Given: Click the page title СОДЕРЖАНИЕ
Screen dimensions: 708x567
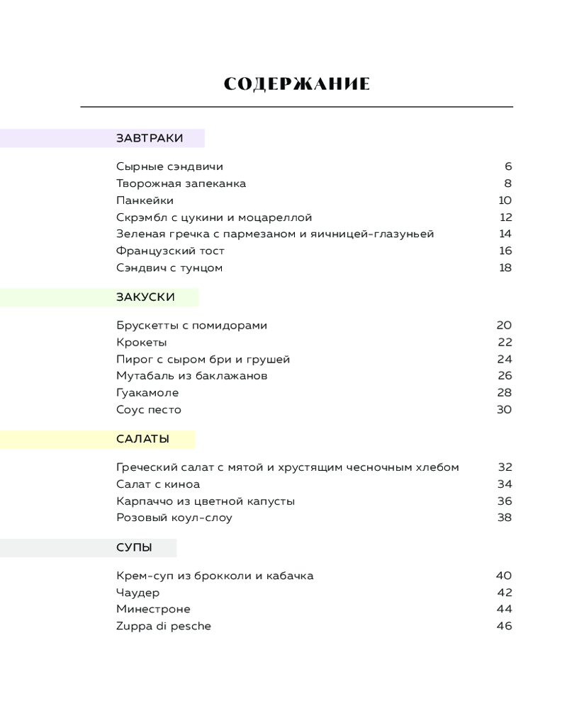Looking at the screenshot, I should [x=296, y=84].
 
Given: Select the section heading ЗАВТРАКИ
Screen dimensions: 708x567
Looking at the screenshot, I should [x=150, y=138].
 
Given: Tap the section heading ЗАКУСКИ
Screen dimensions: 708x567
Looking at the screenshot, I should [x=145, y=297].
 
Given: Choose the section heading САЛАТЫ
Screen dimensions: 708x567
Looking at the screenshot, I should [x=142, y=439].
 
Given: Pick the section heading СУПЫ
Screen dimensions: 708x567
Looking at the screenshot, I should [x=134, y=547].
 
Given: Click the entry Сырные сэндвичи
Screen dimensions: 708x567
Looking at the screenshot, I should [x=169, y=167].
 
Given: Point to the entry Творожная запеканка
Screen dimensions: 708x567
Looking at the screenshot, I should [x=181, y=183].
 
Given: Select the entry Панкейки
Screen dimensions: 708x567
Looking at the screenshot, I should [x=145, y=200].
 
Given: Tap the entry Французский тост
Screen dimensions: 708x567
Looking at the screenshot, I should [x=170, y=251].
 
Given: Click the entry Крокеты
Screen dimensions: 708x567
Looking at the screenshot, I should [x=141, y=343].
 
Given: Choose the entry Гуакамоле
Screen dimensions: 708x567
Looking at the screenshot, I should [x=147, y=393].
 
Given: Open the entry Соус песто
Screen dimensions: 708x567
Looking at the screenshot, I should [x=149, y=410].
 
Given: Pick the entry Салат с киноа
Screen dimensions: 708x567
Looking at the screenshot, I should [x=158, y=484].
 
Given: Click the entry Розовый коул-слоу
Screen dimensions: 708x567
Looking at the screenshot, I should [x=174, y=518].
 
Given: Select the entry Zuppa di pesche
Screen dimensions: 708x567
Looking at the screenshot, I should [x=164, y=626].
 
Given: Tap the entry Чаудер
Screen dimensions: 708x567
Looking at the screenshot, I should [x=138, y=593].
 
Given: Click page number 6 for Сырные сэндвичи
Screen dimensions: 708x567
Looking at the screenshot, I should [x=508, y=167].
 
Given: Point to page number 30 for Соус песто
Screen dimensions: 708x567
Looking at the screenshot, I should [x=504, y=410].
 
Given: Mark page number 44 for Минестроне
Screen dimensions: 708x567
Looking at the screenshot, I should [x=504, y=609].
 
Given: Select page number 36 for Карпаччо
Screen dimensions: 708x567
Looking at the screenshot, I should [x=504, y=501].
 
